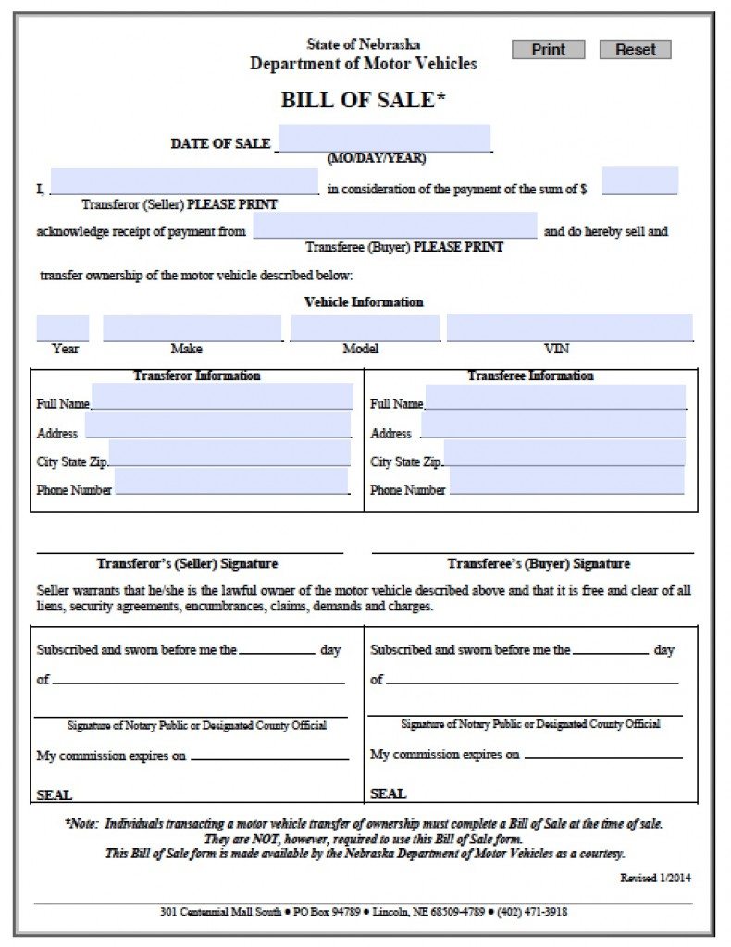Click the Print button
548,50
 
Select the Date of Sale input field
384,138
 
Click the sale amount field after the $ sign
639,180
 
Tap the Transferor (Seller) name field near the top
184,181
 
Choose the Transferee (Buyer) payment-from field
395,225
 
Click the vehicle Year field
63,327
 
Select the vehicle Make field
192,327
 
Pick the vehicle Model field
365,327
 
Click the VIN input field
569,327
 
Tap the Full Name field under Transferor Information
222,397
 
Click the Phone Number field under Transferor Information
231,481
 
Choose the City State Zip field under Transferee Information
564,453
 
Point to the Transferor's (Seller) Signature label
187,563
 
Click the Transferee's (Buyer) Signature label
539,563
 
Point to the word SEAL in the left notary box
54,794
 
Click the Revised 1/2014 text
655,878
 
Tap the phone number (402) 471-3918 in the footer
532,912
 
